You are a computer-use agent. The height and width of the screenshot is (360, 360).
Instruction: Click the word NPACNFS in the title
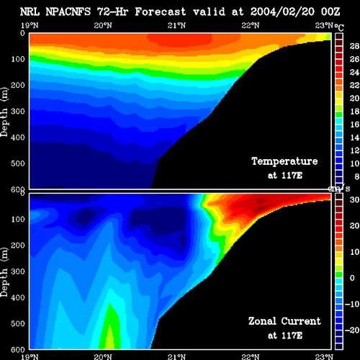(x=68, y=12)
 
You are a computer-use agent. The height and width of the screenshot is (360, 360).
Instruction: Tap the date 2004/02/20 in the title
(x=282, y=12)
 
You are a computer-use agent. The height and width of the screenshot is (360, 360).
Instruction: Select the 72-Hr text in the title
(x=112, y=12)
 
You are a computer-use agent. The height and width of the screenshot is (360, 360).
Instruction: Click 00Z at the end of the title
(x=330, y=12)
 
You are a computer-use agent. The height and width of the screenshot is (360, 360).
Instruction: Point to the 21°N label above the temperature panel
(x=176, y=25)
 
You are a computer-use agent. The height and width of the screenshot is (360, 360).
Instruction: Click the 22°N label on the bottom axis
(x=251, y=356)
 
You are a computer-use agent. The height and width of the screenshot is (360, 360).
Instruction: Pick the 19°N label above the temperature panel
(x=30, y=25)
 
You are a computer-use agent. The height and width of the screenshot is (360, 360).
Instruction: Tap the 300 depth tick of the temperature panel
(x=18, y=111)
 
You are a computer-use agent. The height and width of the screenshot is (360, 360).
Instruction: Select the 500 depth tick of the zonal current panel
(x=18, y=323)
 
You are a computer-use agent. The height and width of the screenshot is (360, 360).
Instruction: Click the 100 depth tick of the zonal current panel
(x=18, y=219)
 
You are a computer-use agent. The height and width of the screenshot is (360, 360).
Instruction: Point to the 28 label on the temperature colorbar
(x=354, y=46)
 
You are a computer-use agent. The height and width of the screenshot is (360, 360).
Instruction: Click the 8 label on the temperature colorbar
(x=356, y=176)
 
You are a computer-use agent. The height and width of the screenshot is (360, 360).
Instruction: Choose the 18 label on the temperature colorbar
(x=354, y=112)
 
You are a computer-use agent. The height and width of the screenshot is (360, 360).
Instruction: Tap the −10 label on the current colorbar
(x=352, y=304)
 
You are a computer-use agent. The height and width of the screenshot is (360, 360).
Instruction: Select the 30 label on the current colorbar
(x=354, y=199)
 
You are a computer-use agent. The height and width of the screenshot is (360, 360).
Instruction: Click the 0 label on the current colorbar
(x=352, y=278)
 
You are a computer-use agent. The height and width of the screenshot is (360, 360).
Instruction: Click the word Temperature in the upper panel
(x=284, y=161)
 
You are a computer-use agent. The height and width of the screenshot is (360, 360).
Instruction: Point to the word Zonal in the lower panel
(x=262, y=321)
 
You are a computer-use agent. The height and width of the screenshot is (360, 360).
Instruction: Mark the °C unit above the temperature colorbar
(x=339, y=27)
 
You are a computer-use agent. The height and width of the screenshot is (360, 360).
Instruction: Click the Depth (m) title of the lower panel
(x=4, y=272)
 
